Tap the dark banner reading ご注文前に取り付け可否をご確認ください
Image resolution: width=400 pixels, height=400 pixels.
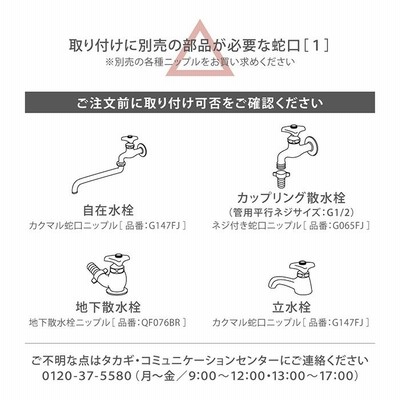point(200,103)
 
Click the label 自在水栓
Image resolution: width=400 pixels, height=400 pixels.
point(108,210)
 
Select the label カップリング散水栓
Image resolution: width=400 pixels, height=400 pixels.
point(291,198)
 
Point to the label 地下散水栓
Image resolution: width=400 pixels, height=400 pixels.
point(108,307)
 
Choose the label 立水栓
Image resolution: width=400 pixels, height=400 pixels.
point(291,307)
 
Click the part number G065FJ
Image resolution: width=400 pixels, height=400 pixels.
point(348,226)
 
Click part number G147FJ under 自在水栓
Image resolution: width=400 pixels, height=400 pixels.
point(164,226)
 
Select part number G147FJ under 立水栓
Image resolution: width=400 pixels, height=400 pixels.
point(348,323)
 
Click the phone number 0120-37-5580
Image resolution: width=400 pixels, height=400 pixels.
point(87,376)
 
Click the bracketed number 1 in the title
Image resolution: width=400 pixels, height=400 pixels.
point(317,45)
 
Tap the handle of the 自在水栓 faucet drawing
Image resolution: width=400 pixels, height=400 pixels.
point(128,139)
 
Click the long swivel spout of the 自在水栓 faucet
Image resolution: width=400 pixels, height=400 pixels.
point(96,177)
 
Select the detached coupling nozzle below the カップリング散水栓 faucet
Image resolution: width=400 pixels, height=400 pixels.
point(283,177)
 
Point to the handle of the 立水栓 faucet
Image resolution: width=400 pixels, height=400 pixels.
point(303,266)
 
